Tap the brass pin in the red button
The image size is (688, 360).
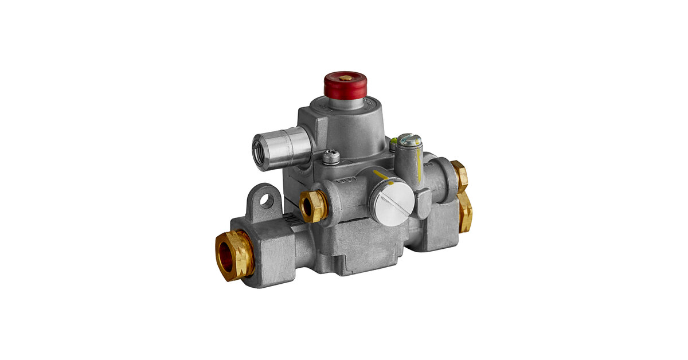click(x=346, y=77)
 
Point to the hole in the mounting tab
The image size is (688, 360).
click(x=265, y=200)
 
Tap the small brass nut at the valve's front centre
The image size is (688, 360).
click(x=313, y=206)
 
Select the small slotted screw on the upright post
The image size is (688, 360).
click(x=409, y=139)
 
